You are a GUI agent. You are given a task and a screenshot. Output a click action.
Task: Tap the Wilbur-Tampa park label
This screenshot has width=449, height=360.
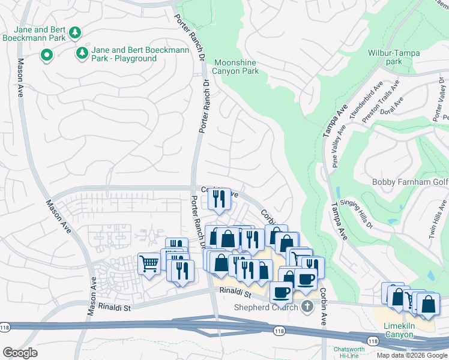coord(394,57)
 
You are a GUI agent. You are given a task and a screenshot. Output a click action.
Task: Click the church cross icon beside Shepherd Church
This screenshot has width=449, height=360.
coord(307,307)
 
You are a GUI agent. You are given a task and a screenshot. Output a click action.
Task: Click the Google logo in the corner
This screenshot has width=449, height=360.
coord(20,353)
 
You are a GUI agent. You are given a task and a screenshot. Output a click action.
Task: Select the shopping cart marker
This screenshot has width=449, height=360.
coord(149,263)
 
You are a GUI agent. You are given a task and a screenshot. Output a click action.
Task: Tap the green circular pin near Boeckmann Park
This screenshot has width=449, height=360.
coord(46,56)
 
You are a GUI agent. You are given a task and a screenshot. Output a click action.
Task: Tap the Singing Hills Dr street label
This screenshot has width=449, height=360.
coord(357,214)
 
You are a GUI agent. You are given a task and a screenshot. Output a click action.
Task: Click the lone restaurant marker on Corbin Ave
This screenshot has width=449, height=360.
coord(219,198)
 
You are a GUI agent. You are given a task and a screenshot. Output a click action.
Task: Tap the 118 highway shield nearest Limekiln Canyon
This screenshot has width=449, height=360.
coord(373,341)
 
